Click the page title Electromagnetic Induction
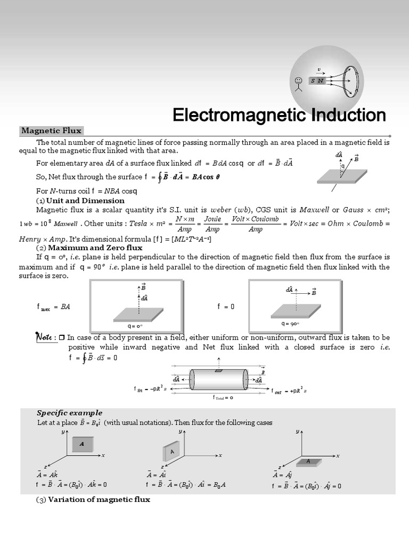point(279,115)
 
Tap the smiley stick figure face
point(298,81)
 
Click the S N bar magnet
point(317,80)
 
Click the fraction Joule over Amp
point(212,224)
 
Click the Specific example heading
point(69,412)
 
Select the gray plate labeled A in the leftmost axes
point(82,444)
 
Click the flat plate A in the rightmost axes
point(308,461)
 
